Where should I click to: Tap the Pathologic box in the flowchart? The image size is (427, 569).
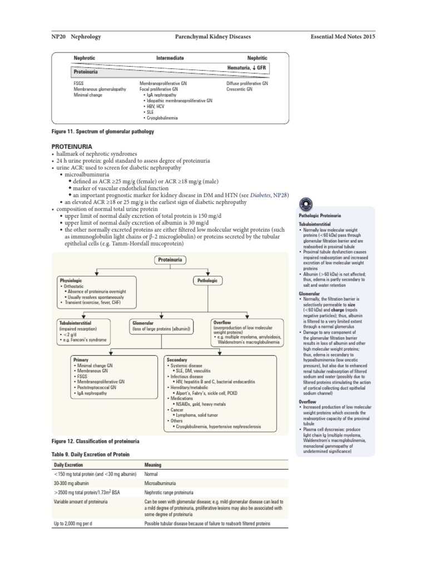tap(207, 281)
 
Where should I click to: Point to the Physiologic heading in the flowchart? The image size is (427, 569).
tap(71, 281)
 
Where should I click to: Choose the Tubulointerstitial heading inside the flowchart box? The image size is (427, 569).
tap(75, 322)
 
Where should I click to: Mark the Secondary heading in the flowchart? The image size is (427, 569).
tap(177, 360)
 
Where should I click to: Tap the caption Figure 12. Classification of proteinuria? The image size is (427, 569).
tap(95, 441)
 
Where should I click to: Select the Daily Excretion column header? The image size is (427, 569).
tap(68, 465)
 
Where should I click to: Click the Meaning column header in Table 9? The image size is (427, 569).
tap(153, 465)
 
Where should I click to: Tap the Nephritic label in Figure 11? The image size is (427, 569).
tap(257, 58)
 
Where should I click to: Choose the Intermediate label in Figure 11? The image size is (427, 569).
tap(170, 58)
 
